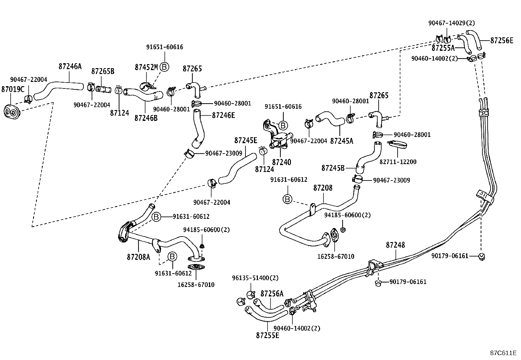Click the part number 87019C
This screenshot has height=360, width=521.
tap(13, 89)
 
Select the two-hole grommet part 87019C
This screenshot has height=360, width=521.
tap(11, 112)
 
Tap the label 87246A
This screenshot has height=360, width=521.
tap(70, 66)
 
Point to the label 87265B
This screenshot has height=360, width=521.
tap(102, 71)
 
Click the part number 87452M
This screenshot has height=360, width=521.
tap(146, 67)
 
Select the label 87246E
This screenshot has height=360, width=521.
tap(224, 115)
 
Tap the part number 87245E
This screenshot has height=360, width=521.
tap(245, 140)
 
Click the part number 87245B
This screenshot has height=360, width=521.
tap(333, 168)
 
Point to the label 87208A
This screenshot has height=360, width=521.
tap(138, 257)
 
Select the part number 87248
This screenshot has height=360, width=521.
tap(395, 245)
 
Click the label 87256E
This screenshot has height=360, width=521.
tap(501, 41)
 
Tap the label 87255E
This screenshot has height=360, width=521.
tap(267, 335)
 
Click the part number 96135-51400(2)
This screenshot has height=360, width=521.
tap(255, 278)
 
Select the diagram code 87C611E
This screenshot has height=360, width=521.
tap(503, 353)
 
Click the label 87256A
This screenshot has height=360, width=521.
tap(272, 294)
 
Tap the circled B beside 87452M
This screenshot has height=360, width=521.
tap(164, 67)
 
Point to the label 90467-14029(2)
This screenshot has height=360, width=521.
tap(451, 23)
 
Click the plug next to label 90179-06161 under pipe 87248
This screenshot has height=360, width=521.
tap(377, 283)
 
